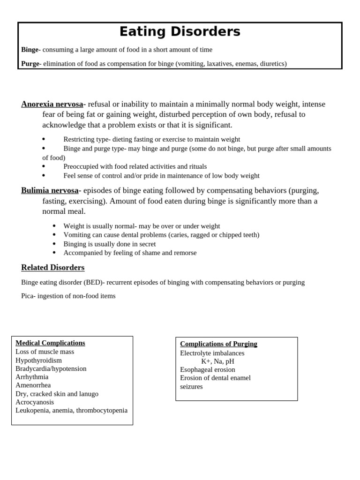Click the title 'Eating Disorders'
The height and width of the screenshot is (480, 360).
point(180,32)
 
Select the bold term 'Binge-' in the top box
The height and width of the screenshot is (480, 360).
point(31,50)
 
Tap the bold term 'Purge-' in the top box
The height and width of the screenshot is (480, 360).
point(31,63)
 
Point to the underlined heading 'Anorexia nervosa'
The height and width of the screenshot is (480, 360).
point(52,104)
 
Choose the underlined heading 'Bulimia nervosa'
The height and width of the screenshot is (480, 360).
point(50,190)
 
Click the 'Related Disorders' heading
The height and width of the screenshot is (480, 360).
point(53,268)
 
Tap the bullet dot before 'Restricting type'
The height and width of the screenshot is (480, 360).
point(44,139)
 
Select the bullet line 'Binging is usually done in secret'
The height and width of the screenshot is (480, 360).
point(110,244)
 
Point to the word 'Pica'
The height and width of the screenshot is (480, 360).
point(27,296)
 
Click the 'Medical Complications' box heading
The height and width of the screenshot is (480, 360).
point(50,343)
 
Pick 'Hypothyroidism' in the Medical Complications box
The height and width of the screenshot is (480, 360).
point(38,360)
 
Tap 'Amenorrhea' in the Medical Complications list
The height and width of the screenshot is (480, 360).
point(33,385)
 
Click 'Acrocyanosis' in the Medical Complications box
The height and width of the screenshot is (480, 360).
point(35,402)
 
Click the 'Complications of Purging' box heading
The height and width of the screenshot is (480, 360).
point(218,344)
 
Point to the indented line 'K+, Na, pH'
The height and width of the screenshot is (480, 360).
point(217,361)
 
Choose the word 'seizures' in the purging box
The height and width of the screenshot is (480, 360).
point(191,387)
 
